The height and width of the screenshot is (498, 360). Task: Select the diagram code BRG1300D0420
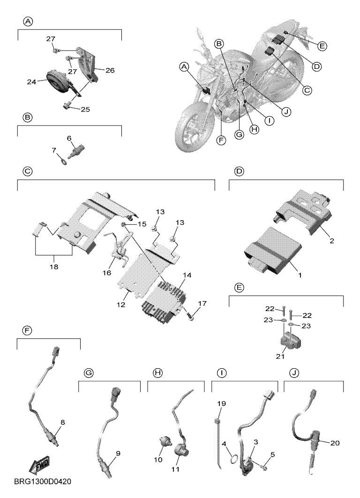click(43, 482)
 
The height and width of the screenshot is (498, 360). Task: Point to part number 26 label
click(110, 70)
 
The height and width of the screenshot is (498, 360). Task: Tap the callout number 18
click(54, 267)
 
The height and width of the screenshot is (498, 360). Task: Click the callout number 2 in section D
click(332, 241)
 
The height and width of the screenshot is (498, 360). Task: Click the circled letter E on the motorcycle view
click(322, 46)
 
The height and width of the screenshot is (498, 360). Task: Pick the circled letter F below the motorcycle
click(221, 140)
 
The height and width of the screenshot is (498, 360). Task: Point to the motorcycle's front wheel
click(191, 129)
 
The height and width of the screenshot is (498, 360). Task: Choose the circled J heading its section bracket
click(294, 373)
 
